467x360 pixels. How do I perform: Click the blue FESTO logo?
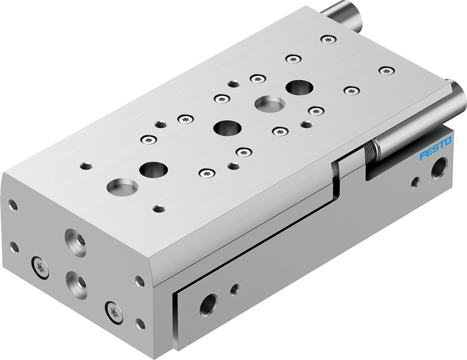click(435, 149)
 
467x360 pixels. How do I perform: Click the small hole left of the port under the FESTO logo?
click(415, 182)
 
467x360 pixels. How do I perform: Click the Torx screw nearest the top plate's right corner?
click(386, 71)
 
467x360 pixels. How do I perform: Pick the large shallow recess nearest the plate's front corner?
click(122, 187)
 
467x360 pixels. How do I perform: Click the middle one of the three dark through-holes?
click(227, 127)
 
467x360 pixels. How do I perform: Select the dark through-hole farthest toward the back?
click(299, 87)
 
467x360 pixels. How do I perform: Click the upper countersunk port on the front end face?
click(76, 242)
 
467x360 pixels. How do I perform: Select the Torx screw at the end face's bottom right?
click(113, 310)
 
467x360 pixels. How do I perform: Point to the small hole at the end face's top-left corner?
click(13, 205)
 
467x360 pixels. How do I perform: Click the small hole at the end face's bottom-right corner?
click(140, 323)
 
